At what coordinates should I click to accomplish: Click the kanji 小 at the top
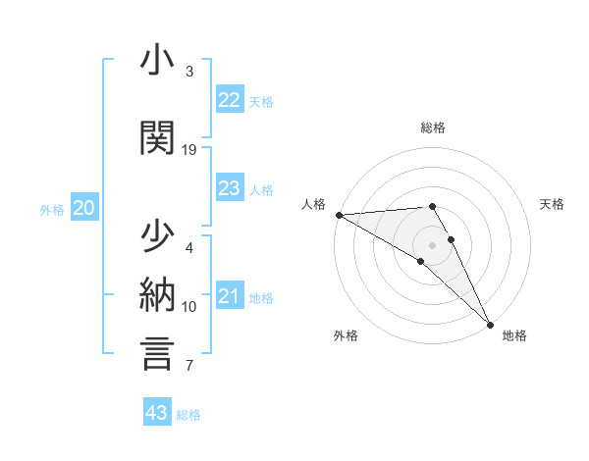tap(157, 61)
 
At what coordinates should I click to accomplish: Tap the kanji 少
tap(157, 238)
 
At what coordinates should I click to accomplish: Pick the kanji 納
tap(157, 294)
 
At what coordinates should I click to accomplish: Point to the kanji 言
tap(157, 352)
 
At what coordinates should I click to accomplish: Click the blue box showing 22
tap(230, 100)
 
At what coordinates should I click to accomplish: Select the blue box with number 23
tap(230, 189)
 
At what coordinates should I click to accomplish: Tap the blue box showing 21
tap(230, 297)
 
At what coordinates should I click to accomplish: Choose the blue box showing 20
tap(84, 208)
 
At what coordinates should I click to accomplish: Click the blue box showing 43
tap(157, 414)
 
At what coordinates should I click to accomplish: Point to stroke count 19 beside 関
tap(189, 150)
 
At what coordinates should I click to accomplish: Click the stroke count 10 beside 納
tap(189, 307)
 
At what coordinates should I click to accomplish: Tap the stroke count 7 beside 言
tap(189, 366)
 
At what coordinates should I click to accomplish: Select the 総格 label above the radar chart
tap(432, 128)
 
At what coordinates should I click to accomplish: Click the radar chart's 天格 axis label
tap(552, 204)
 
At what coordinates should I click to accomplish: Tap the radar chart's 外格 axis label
tap(346, 335)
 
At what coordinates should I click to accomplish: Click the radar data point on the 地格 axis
tap(490, 324)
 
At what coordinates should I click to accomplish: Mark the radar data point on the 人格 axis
tap(339, 215)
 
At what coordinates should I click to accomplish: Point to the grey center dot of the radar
tap(432, 245)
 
